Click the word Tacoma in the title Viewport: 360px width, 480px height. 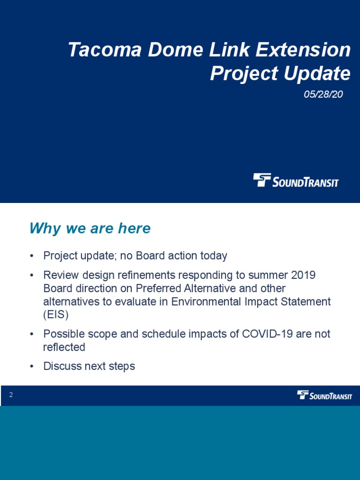pos(105,50)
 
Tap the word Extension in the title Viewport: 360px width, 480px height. pos(303,50)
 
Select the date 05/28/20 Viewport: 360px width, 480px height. pos(323,94)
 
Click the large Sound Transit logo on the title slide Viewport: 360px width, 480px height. pos(296,180)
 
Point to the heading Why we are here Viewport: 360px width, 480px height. pos(90,228)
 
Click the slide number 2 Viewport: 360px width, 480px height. pos(11,395)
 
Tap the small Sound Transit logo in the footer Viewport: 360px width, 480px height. pos(324,395)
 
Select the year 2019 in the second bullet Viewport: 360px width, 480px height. pos(303,275)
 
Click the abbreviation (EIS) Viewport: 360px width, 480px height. pos(56,315)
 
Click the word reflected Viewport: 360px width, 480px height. pos(64,347)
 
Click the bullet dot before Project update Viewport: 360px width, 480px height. pos(31,256)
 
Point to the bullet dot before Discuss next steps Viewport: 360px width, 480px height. pos(31,367)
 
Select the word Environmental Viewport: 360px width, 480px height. pos(206,301)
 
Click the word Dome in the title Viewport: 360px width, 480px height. pos(175,50)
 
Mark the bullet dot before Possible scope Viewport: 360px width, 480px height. pos(31,334)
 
